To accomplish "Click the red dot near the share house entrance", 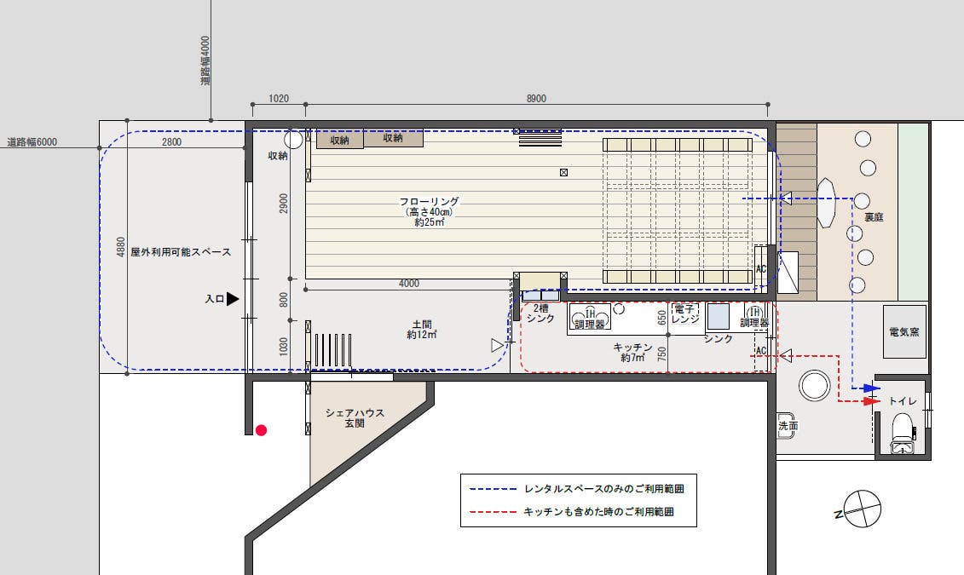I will point(261,430).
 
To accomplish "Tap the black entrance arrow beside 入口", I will point(233,299).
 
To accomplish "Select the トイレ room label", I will point(903,401).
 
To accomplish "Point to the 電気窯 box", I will point(903,331).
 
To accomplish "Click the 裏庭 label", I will point(874,217).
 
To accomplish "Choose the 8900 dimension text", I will point(536,99).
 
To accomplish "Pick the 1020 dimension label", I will point(278,99).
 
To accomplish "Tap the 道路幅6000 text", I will point(32,142).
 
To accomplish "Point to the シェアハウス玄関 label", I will point(355,417).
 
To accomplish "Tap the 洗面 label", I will point(788,426).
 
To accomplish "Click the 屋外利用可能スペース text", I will point(181,253).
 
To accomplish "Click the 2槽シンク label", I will point(540,313).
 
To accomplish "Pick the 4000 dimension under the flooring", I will point(409,284).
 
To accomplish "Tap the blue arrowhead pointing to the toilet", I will point(870,388).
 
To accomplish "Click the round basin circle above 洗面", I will point(814,386).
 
